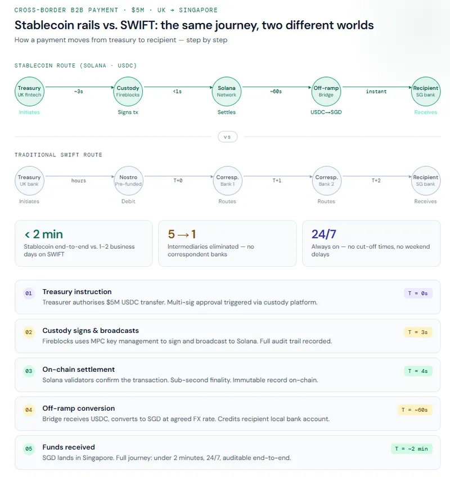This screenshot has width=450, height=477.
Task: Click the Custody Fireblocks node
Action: (128, 91)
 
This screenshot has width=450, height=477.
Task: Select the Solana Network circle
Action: (227, 91)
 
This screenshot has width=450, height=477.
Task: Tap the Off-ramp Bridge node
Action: (326, 91)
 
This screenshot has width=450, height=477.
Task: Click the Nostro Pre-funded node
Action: (128, 181)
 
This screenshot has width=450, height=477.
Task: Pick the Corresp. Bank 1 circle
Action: (227, 181)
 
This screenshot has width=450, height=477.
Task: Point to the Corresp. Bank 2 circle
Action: (326, 181)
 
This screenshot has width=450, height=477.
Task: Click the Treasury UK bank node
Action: (29, 181)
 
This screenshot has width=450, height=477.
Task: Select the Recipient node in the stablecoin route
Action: (425, 91)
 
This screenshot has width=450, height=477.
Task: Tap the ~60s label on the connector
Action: (276, 91)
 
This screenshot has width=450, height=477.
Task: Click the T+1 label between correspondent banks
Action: (276, 181)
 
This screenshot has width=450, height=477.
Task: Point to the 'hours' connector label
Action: (79, 181)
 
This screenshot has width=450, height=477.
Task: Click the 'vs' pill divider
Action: (227, 137)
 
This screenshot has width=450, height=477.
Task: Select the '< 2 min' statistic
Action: (43, 234)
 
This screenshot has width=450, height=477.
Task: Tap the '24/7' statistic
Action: (324, 234)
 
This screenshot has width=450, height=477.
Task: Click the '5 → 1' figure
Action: (182, 234)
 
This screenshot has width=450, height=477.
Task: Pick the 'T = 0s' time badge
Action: (418, 293)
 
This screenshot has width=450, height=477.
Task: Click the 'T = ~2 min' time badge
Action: (412, 448)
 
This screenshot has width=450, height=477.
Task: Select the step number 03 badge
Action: (29, 371)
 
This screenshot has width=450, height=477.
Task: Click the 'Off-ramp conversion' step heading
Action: (78, 408)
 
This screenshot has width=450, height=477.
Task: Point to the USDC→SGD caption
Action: (326, 112)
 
